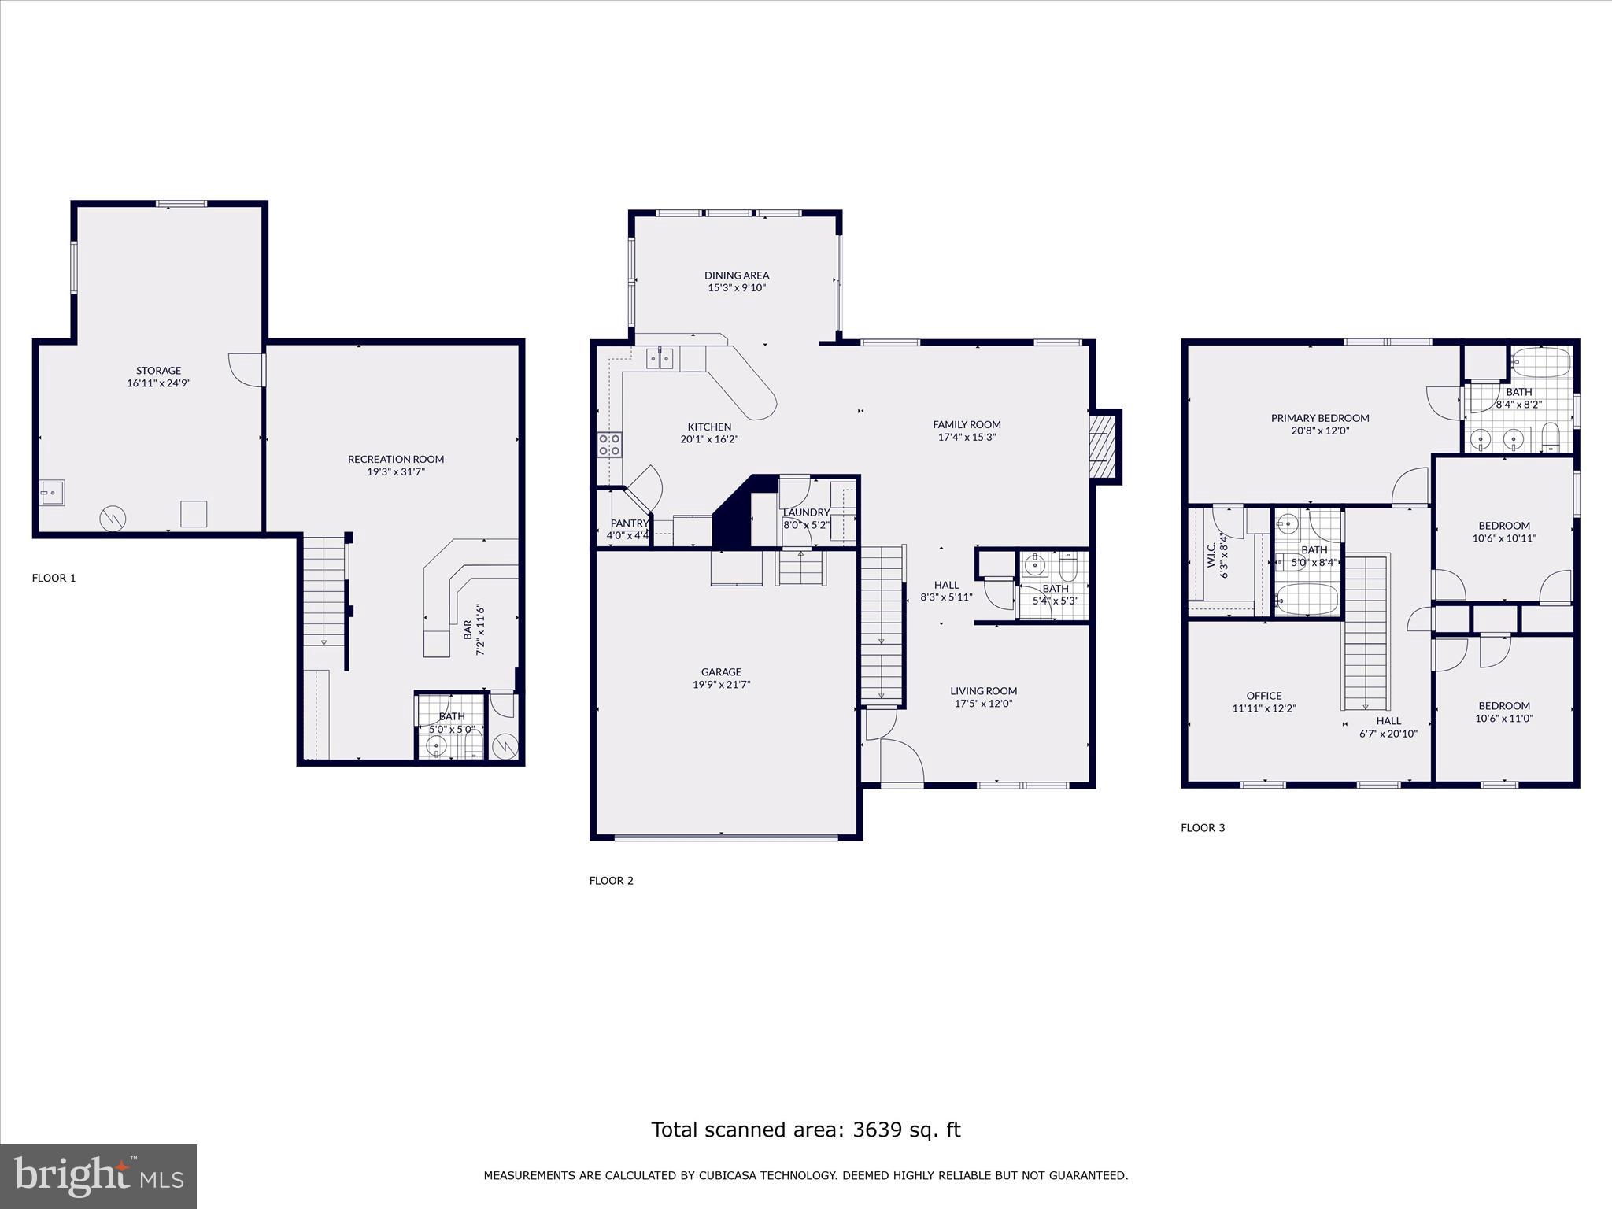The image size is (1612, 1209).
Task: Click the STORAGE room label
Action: tap(158, 370)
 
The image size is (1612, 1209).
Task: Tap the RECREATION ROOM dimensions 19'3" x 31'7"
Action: tap(396, 472)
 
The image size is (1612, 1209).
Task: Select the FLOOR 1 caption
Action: tap(54, 578)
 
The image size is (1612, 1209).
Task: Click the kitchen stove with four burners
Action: tap(609, 445)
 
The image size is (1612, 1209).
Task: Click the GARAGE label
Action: tap(721, 671)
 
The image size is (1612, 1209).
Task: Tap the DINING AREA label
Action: tap(737, 275)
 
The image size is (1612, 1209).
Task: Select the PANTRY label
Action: tap(629, 523)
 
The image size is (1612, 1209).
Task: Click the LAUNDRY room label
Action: tap(806, 512)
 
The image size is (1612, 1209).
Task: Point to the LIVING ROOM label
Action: tap(983, 691)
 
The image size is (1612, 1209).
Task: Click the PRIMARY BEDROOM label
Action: tap(1320, 418)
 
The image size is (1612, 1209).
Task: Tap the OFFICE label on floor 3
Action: tap(1264, 696)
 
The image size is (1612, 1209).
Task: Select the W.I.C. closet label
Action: tap(1211, 555)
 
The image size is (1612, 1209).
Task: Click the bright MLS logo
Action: tap(98, 1177)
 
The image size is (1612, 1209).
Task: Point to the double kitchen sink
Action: tap(660, 359)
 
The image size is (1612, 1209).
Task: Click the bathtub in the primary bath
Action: tap(1541, 363)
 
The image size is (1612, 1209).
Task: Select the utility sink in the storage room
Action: tap(53, 493)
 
